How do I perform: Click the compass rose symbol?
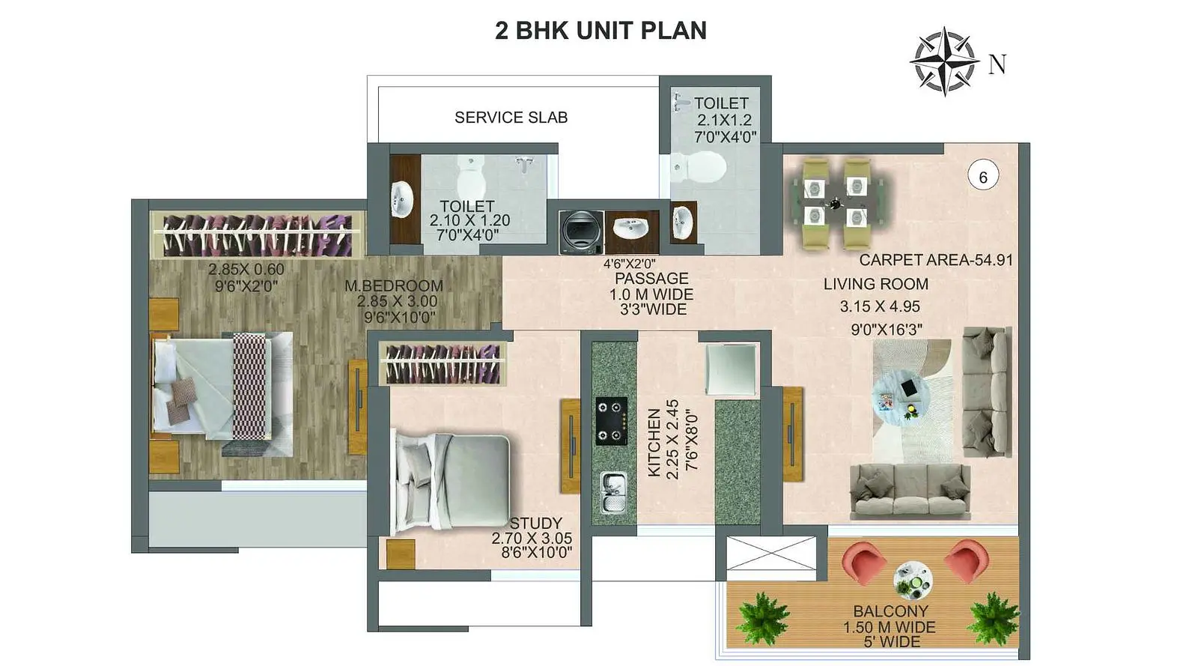[x=944, y=61]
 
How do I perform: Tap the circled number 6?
[x=983, y=176]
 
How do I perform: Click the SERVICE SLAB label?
[x=511, y=117]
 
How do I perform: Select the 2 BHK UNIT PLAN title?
[x=600, y=31]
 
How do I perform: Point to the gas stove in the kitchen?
[x=611, y=421]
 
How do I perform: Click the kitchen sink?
[x=612, y=491]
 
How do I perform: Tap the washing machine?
[x=581, y=231]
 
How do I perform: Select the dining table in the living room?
[x=836, y=203]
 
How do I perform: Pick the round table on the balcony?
[x=913, y=580]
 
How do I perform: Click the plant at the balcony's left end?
[x=762, y=618]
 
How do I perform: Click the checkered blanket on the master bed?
[x=249, y=386]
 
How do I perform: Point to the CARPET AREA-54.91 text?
[x=936, y=260]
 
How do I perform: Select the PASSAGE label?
[x=651, y=278]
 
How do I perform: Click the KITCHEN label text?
[x=654, y=443]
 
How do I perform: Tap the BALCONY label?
[x=890, y=611]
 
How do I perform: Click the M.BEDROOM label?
[x=394, y=285]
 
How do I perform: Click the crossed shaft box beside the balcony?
[x=771, y=553]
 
